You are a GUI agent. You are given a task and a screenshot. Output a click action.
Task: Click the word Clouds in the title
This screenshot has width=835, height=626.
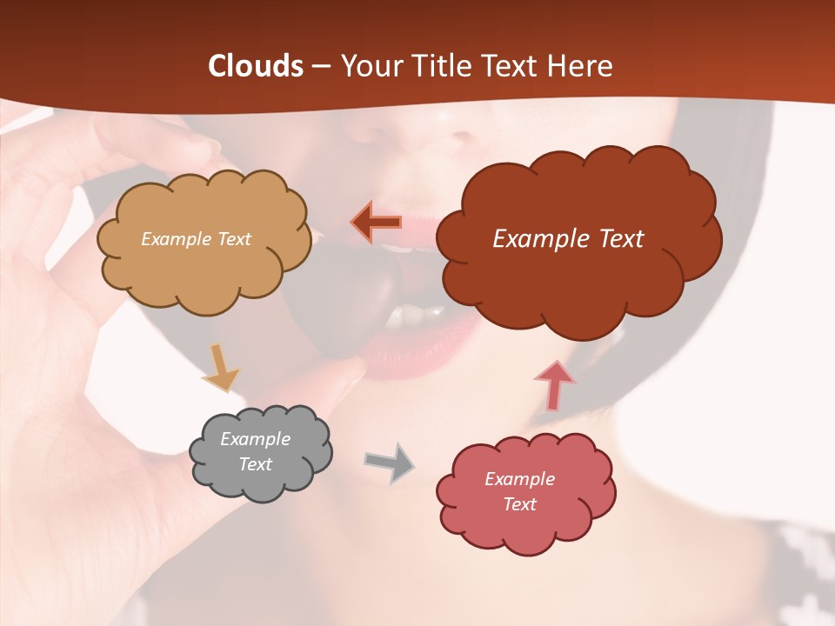(x=256, y=66)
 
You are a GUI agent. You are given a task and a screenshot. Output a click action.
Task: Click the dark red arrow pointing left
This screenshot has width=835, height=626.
(x=377, y=223)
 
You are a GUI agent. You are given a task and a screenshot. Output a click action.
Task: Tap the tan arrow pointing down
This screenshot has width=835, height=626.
(x=221, y=367)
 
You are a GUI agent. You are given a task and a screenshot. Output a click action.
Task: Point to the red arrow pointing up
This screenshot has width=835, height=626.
(x=555, y=385)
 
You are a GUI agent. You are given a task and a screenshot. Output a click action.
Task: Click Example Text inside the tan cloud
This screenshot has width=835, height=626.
(x=196, y=239)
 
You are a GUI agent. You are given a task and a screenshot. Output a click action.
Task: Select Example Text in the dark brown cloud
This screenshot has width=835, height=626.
(x=568, y=239)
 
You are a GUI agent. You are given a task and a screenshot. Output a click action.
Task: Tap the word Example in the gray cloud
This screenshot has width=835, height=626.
(x=255, y=439)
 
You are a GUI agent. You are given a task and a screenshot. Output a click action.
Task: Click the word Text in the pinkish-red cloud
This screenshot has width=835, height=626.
(x=519, y=504)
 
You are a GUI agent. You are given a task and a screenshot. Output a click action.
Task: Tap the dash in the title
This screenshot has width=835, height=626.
(x=320, y=66)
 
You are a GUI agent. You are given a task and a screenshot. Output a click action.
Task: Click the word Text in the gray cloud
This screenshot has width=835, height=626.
(x=255, y=464)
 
